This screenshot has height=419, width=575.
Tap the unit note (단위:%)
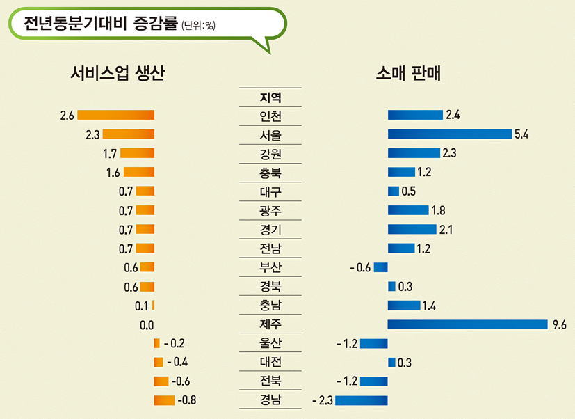point(198,27)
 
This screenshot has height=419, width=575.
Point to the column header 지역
point(270,97)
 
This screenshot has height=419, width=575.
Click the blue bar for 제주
point(468,324)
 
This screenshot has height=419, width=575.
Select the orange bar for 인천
point(115,115)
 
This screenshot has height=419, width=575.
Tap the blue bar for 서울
point(449,134)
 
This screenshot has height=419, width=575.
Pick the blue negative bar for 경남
point(361,400)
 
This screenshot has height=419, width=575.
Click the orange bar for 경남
point(164,400)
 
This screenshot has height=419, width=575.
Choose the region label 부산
point(270,267)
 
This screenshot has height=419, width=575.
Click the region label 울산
point(270,343)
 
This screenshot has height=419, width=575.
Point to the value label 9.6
point(559,324)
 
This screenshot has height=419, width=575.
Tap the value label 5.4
point(521,134)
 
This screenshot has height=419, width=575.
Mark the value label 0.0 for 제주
point(146,324)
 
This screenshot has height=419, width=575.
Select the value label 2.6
point(67,115)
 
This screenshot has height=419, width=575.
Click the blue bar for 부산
point(380,267)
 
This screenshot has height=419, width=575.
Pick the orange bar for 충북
point(138,172)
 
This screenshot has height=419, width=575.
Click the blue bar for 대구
point(393,191)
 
